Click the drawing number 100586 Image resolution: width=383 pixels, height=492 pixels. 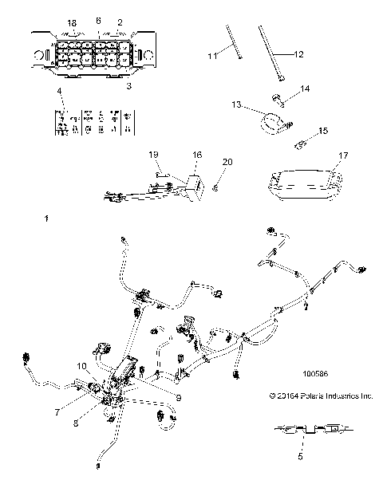(x=310, y=372)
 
